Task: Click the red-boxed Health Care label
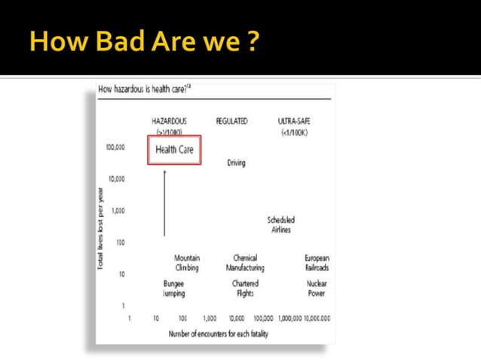tap(174, 149)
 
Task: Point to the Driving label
tap(236, 163)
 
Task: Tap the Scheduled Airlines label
tap(280, 224)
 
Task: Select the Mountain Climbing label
tap(187, 263)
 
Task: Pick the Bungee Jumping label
tap(174, 288)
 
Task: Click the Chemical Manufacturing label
tap(245, 263)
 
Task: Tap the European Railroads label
tap(317, 263)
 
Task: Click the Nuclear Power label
tap(317, 288)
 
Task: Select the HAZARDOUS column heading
tap(169, 121)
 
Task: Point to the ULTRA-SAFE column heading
tap(294, 121)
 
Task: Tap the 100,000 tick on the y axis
tap(115, 148)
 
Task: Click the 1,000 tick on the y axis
tap(118, 210)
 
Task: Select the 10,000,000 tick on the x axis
tap(317, 319)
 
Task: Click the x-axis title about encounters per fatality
tap(219, 333)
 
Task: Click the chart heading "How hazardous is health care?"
tap(144, 90)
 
